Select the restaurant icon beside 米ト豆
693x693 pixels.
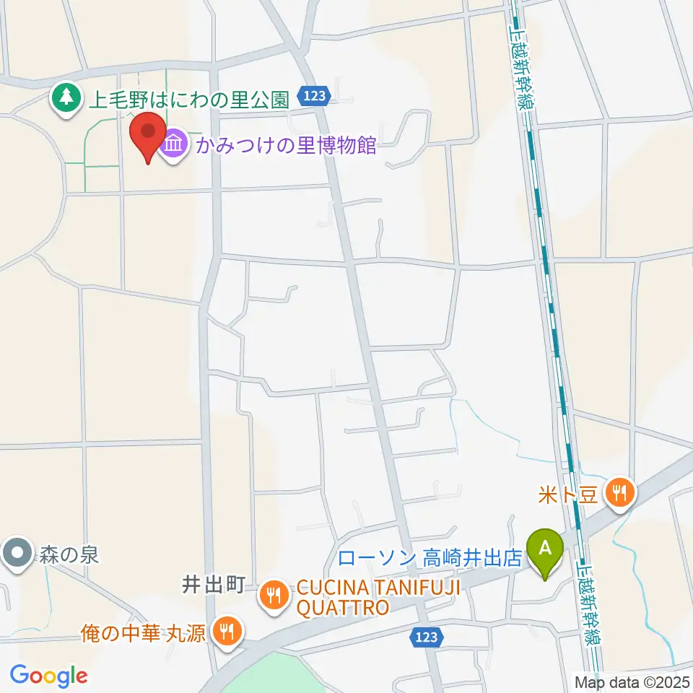(x=619, y=494)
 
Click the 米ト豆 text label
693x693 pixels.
(x=567, y=494)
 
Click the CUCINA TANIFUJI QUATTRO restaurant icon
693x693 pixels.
(x=274, y=595)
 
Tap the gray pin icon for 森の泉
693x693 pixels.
(x=17, y=554)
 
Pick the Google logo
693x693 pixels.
(x=48, y=676)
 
